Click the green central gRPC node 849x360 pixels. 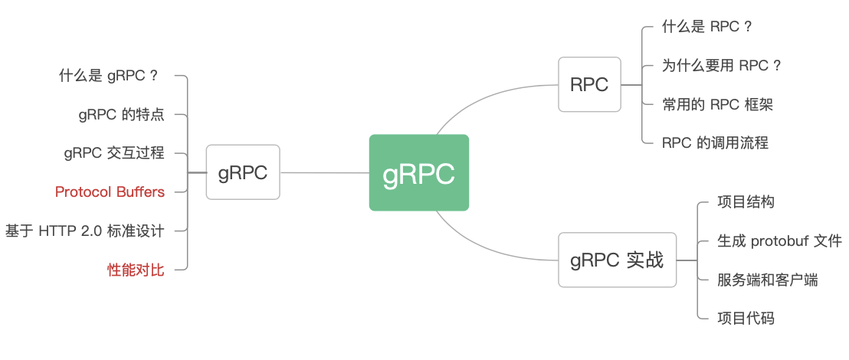click(418, 172)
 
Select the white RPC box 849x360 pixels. click(590, 84)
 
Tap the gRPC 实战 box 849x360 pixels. click(618, 260)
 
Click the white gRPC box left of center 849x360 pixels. click(243, 172)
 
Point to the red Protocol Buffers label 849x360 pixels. click(110, 191)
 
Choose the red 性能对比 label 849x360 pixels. click(136, 270)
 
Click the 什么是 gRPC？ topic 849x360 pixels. click(108, 76)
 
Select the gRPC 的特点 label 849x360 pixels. click(121, 115)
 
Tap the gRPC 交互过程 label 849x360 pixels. click(114, 153)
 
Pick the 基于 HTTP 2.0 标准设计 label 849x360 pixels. click(84, 231)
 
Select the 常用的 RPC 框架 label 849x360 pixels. click(717, 104)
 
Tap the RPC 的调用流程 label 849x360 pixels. click(715, 143)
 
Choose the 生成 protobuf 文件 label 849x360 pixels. click(780, 241)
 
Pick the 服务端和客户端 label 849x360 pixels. click(767, 280)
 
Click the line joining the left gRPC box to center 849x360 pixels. click(325, 172)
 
